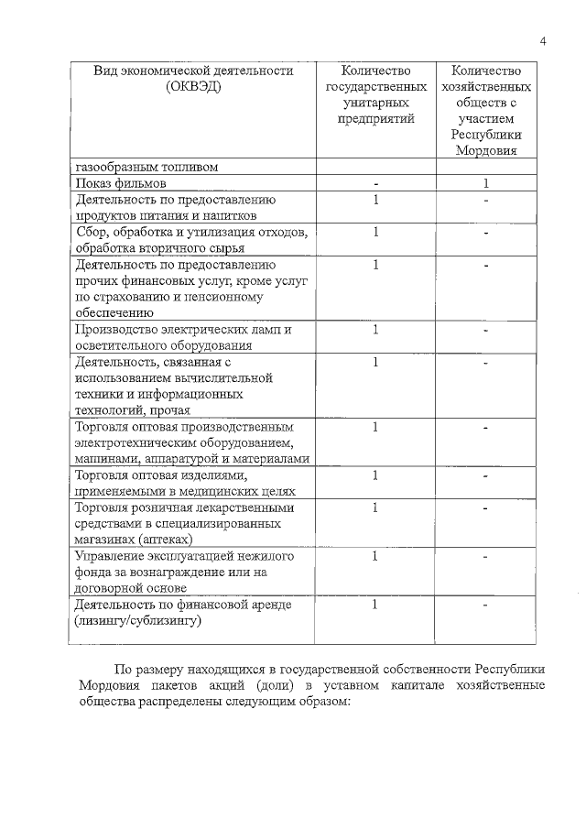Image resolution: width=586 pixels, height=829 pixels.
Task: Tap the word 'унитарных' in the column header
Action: tap(375, 103)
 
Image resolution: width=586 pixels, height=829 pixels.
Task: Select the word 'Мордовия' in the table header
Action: tap(485, 150)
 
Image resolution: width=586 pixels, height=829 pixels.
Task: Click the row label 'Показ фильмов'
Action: tap(120, 183)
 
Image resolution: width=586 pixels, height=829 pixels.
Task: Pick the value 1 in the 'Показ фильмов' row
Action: tap(486, 183)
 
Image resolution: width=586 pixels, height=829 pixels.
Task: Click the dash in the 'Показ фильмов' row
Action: tap(375, 183)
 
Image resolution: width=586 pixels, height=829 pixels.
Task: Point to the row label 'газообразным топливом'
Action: tap(147, 167)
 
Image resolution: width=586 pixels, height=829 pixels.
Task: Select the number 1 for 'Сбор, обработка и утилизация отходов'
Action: tap(375, 233)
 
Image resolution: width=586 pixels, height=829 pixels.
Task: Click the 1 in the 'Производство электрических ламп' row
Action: tap(375, 330)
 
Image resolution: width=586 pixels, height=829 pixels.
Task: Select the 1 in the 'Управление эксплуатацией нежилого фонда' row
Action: tap(375, 556)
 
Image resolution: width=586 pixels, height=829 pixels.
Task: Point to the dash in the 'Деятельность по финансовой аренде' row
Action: tap(486, 605)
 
